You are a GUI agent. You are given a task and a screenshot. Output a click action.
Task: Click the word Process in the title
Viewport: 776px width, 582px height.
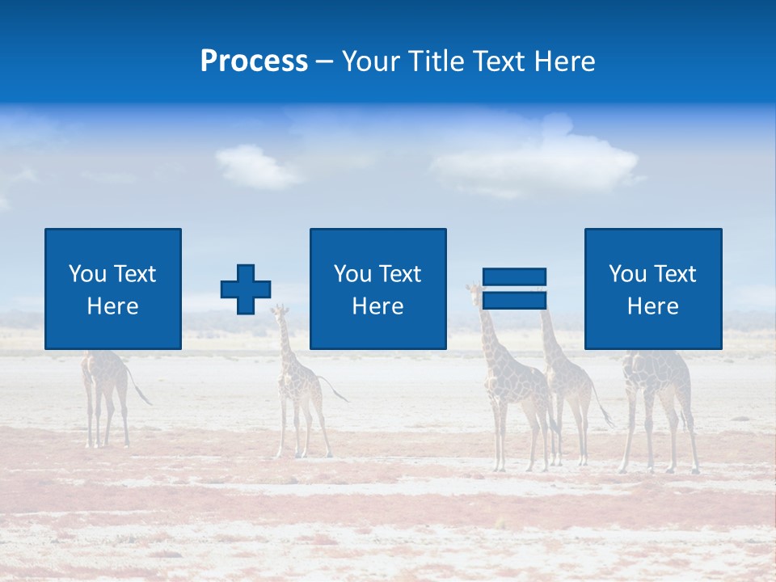pos(254,61)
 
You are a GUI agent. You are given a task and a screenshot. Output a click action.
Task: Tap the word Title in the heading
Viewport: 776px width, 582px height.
pos(437,61)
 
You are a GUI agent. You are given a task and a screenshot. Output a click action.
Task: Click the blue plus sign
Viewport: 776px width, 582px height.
pos(246,289)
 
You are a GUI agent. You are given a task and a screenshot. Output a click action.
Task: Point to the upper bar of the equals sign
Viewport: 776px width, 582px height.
pos(514,276)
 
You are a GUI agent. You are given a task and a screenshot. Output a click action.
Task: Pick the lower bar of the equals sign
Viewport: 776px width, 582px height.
pos(514,301)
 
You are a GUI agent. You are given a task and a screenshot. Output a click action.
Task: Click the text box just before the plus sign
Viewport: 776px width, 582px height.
pos(113,289)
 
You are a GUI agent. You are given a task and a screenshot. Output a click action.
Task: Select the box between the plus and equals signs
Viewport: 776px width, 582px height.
pos(377,289)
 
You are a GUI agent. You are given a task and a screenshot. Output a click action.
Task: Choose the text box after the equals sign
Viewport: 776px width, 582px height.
pos(652,289)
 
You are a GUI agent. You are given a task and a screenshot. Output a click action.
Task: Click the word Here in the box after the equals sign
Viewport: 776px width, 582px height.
pos(652,306)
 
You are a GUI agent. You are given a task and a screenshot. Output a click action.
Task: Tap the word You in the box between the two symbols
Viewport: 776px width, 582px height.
pos(352,274)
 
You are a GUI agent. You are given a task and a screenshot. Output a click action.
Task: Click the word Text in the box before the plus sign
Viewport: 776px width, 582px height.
pos(134,274)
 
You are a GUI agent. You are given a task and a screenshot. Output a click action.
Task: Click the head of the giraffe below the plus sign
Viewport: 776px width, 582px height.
pos(280,310)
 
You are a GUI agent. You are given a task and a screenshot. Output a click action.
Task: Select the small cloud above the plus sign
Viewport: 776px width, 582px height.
pos(257,166)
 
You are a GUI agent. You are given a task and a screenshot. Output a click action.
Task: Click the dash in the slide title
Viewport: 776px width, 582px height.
pos(325,61)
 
